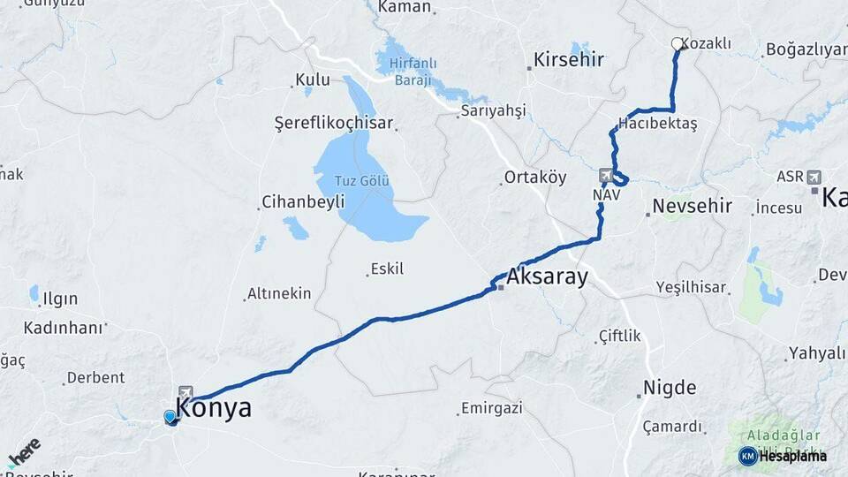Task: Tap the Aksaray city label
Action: tap(547, 277)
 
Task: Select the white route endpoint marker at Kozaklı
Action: tap(678, 43)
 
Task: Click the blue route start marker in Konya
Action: tap(170, 416)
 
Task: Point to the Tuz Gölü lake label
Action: tap(362, 181)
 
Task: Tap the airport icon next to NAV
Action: tap(605, 174)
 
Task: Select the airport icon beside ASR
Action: tap(813, 176)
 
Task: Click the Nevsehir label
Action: tap(693, 207)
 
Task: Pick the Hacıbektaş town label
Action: tap(658, 124)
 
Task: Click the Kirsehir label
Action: tap(569, 61)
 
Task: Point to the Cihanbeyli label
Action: tap(303, 202)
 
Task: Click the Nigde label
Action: tap(669, 388)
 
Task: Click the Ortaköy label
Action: tap(534, 177)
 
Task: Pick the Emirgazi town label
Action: tap(491, 408)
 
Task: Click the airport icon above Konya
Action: tap(185, 392)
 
